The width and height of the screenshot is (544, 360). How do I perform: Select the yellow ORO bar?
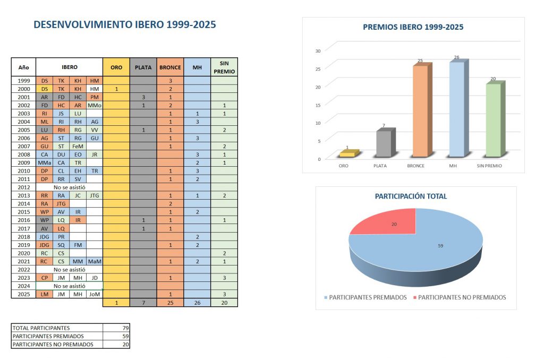coord(347,153)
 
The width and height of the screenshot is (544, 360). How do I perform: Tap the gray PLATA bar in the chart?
coord(384,143)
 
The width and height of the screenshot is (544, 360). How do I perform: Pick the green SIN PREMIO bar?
coord(493,120)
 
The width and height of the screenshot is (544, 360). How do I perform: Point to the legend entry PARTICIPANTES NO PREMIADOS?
coord(461,297)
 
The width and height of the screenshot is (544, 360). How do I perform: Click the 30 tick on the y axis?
coord(318,51)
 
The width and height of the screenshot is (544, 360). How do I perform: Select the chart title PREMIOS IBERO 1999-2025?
coord(413,27)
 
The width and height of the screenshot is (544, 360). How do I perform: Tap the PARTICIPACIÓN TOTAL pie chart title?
coord(411,196)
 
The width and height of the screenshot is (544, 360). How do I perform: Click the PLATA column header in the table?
coord(143,67)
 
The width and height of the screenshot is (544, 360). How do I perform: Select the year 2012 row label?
coord(23,187)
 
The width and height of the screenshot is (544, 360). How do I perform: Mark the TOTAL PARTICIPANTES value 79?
coord(125,328)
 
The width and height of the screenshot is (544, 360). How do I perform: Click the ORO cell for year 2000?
coord(116,89)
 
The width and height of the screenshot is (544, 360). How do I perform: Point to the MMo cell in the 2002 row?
coord(94,105)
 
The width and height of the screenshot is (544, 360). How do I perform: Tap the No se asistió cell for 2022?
coord(69,269)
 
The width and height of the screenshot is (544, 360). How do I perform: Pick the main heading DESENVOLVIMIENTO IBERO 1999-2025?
coord(124,24)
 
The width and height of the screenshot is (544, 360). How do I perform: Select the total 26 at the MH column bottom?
coord(197,303)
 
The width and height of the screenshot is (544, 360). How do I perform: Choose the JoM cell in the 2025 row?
coord(94,294)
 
